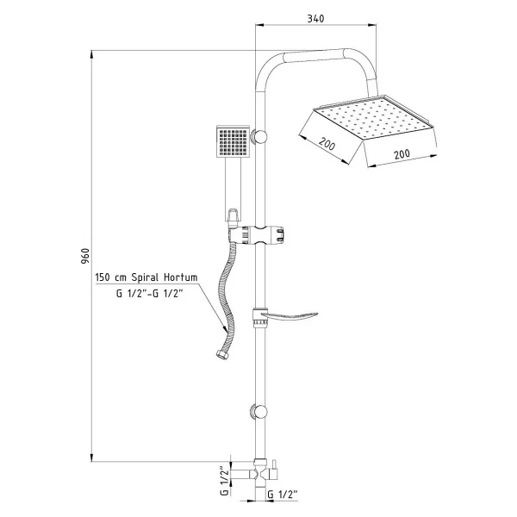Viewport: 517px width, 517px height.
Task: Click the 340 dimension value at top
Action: (315, 19)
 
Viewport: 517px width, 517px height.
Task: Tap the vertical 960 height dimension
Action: (85, 256)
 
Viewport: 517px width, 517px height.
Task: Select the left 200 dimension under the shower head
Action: (327, 144)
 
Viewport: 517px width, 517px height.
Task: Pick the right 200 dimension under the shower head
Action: (402, 154)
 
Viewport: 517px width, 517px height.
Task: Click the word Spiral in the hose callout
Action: (145, 277)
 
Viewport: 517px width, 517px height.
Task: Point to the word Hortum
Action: (181, 277)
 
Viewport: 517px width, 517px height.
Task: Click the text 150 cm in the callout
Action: (110, 277)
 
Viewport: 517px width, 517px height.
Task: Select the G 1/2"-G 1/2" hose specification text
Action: (149, 293)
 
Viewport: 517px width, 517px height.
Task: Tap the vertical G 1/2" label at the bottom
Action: (224, 480)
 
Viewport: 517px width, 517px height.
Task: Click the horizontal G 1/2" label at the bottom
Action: (283, 495)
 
